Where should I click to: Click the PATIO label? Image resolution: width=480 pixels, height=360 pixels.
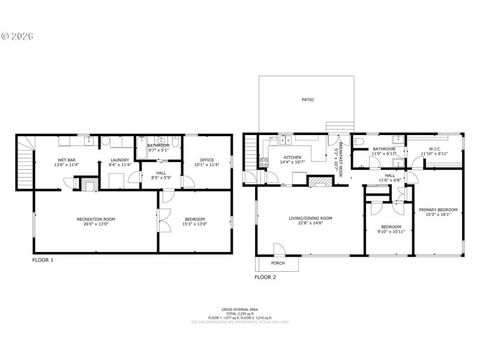tap(307, 100)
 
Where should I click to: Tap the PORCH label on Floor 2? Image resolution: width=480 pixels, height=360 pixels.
tap(277, 263)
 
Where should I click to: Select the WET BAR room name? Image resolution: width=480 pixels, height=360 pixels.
tap(66, 160)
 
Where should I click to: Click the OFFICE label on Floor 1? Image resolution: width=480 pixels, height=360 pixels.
tap(207, 160)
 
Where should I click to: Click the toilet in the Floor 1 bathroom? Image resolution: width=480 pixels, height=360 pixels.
tap(175, 142)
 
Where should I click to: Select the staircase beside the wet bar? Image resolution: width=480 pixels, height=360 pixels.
tap(25, 162)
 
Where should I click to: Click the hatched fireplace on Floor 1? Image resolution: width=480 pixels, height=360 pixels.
tap(91, 185)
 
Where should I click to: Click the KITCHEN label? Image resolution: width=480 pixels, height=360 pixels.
tap(293, 157)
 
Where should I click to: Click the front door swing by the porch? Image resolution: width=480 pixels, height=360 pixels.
tap(279, 248)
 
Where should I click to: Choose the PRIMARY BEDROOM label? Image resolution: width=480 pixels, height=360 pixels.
tap(438, 209)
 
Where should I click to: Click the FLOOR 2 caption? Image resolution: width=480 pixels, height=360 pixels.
tap(265, 277)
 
